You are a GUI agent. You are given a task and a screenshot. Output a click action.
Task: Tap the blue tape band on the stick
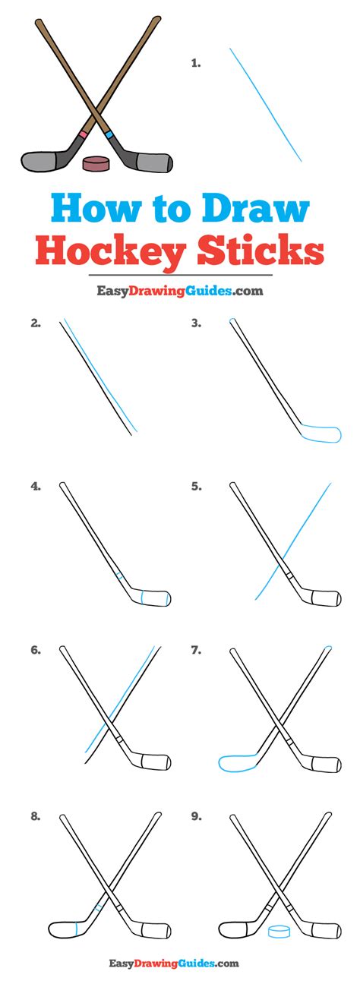point(110,136)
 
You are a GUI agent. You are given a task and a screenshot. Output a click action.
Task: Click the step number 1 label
point(196,64)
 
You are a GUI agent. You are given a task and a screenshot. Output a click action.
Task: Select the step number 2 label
point(36,323)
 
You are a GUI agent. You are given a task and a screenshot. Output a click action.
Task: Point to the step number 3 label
point(196,323)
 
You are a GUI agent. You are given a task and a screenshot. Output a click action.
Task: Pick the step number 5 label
point(196,487)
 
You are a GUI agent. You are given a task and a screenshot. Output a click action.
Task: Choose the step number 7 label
point(196,651)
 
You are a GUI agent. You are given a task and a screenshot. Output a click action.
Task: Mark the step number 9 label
point(196,817)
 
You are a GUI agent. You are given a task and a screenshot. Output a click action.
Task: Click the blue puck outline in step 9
point(279,928)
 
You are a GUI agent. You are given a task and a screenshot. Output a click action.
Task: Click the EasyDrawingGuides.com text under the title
point(179,290)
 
